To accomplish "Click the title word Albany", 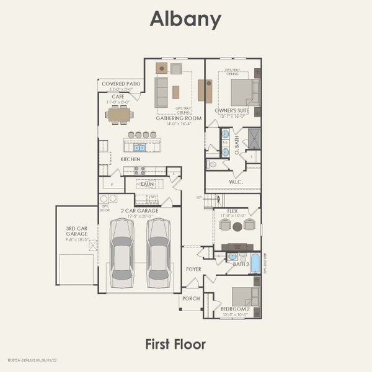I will [x=185, y=19].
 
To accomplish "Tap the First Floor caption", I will [x=175, y=343].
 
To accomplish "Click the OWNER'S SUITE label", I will [x=232, y=111].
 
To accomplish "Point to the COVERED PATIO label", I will [x=121, y=84].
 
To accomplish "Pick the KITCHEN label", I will [x=130, y=159].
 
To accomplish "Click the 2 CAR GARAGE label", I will [x=139, y=211].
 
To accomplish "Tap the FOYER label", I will [x=193, y=269].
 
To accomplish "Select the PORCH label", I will [x=191, y=298].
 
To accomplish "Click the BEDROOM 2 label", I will [x=235, y=309].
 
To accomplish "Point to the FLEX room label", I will [x=232, y=211].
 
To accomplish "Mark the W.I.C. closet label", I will [x=235, y=182].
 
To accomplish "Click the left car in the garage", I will [x=122, y=252].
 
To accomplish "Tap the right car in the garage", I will [x=159, y=252].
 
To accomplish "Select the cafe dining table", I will [x=119, y=114].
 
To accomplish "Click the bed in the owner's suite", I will [x=243, y=92].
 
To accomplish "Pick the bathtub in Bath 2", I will [x=255, y=263].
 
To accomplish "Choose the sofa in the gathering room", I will [x=161, y=92].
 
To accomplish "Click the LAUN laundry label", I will [x=147, y=184].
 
